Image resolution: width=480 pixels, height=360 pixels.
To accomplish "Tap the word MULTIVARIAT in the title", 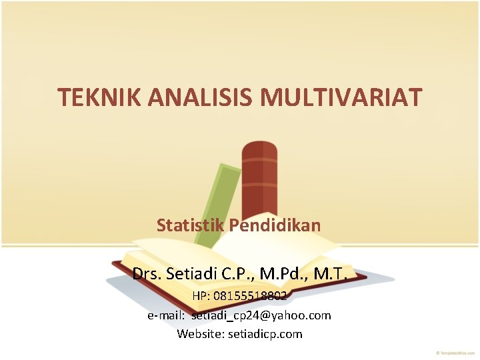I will (x=341, y=98).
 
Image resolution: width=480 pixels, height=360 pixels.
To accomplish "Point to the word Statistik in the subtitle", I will (x=191, y=225).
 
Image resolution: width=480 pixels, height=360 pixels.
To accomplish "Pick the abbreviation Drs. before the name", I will (x=146, y=273).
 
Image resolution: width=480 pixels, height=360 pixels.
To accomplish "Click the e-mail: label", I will (x=167, y=315).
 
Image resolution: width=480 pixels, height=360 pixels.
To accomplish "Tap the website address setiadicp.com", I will (x=267, y=333).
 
